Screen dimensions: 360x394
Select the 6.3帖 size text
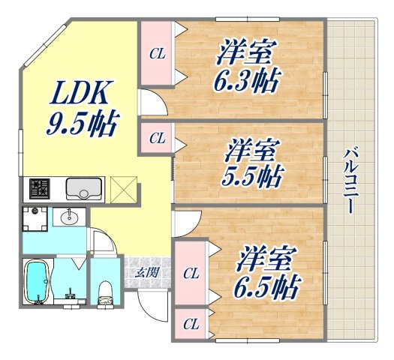click(248, 79)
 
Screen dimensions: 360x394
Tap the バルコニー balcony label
click(350, 180)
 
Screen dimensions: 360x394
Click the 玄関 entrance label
click(146, 272)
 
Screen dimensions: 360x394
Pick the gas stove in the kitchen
click(40, 187)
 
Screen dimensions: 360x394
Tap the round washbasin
click(71, 217)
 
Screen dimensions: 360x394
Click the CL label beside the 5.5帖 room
click(156, 138)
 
